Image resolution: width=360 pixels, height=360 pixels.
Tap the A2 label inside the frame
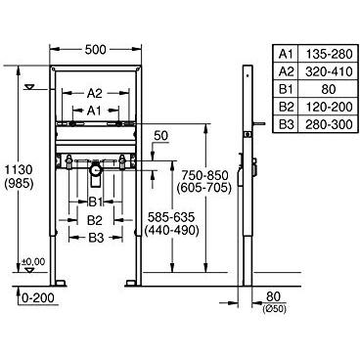point(94,94)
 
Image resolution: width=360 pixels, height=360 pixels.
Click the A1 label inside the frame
point(94,112)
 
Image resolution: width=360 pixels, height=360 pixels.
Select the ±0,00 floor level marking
point(34,261)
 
